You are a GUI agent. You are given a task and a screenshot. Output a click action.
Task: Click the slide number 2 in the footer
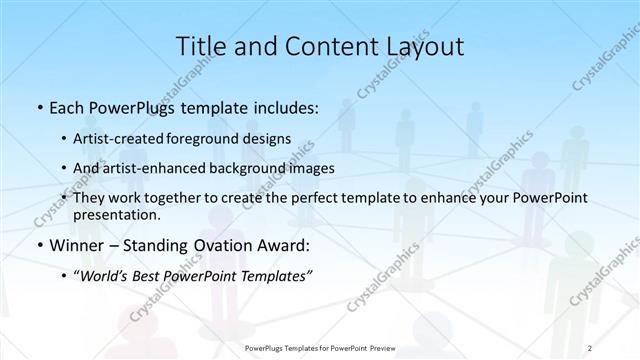pos(590,350)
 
